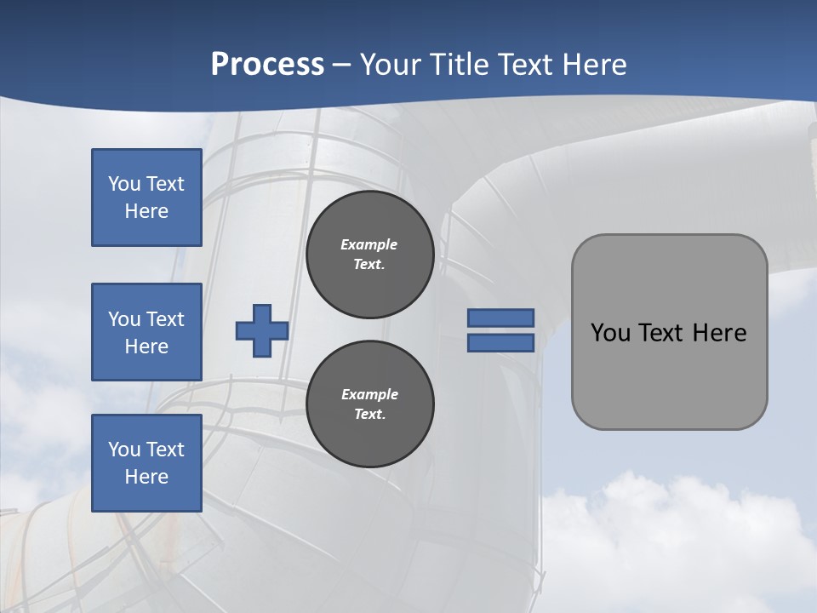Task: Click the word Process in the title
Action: pos(267,65)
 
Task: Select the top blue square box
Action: pos(146,198)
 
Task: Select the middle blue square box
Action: pos(146,332)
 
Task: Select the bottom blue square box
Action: pos(146,463)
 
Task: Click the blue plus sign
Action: pos(262,330)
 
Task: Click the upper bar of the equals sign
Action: pos(500,318)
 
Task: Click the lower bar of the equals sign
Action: pos(500,342)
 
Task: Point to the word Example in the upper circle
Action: pos(369,244)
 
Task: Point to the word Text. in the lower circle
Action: pos(369,414)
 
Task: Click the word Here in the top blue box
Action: pos(146,211)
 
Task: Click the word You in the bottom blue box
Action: pos(123,450)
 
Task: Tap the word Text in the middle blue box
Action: pos(164,319)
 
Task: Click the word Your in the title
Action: pos(391,65)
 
